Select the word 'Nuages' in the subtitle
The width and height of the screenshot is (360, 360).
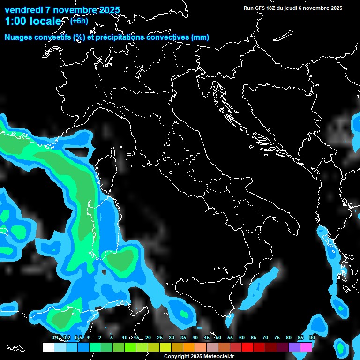[19, 37]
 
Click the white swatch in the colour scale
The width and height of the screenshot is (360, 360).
[48, 347]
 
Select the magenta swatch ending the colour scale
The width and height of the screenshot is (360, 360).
[306, 347]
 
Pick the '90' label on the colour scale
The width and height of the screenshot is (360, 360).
[312, 338]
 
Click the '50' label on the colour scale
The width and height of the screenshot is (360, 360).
[218, 338]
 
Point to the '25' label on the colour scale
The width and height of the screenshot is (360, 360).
[160, 338]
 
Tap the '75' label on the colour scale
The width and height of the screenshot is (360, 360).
[277, 338]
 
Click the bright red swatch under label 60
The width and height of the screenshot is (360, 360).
[247, 347]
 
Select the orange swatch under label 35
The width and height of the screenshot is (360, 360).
[189, 347]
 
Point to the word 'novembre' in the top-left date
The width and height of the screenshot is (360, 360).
[75, 10]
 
